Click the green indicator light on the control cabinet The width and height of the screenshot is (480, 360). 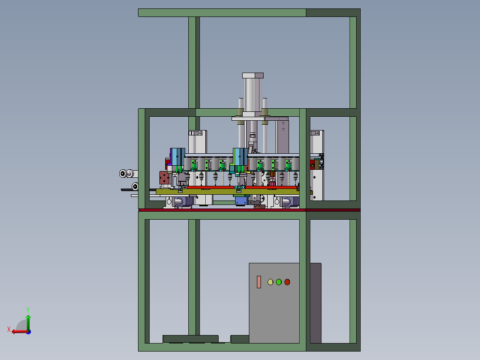click(279, 282)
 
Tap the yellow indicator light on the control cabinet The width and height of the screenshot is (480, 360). click(270, 282)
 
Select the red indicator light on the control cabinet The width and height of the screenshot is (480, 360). click(287, 282)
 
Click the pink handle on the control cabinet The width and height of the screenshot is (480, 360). click(259, 282)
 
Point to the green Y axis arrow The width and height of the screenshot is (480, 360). click(28, 322)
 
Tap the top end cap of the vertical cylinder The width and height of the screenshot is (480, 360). click(253, 75)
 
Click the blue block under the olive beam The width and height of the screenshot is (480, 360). click(241, 200)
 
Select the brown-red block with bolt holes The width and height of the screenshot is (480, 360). click(164, 178)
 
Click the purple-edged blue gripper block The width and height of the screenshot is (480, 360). click(177, 157)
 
